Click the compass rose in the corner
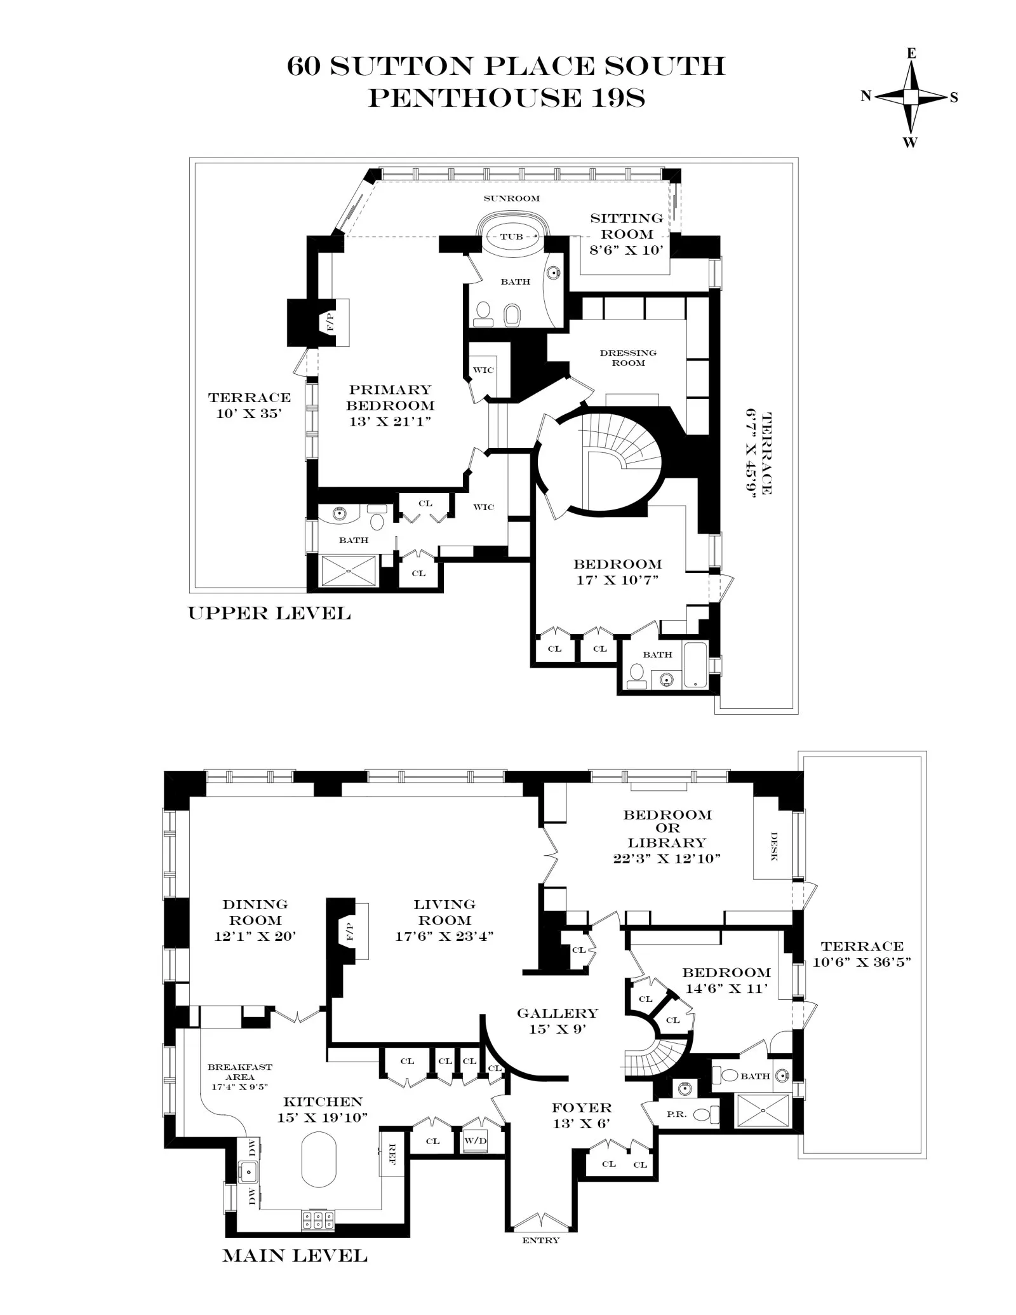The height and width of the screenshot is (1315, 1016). pyautogui.click(x=911, y=97)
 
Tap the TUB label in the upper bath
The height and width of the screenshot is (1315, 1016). pyautogui.click(x=511, y=237)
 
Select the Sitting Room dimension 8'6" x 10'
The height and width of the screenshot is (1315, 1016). pyautogui.click(x=626, y=250)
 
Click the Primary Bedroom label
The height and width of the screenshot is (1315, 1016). pyautogui.click(x=390, y=398)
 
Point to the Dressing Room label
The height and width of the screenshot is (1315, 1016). pyautogui.click(x=628, y=358)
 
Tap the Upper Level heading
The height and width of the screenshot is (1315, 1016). pyautogui.click(x=269, y=614)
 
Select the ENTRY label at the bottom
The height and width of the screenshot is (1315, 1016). pyautogui.click(x=540, y=1240)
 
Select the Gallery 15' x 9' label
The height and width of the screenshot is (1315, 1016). pyautogui.click(x=557, y=1021)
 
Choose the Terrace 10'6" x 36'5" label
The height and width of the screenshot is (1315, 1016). pyautogui.click(x=862, y=954)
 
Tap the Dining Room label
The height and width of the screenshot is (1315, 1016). pyautogui.click(x=255, y=912)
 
